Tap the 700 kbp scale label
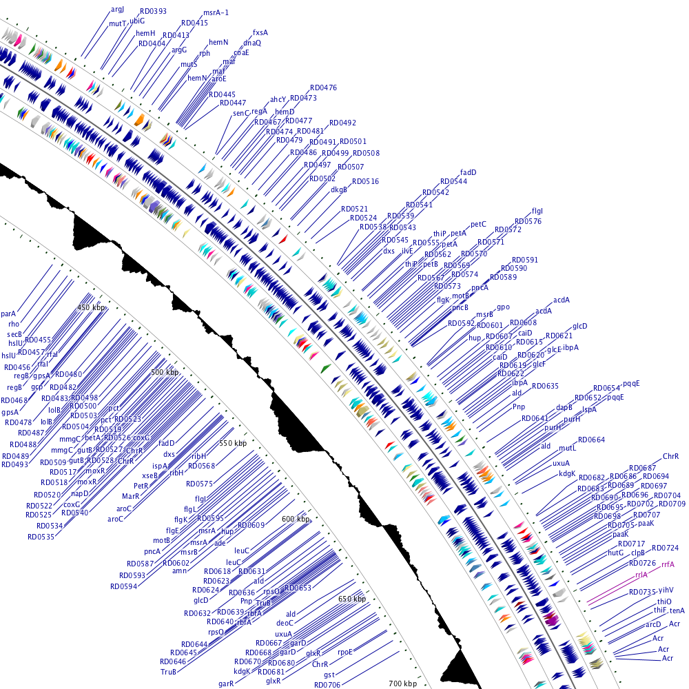(402, 683)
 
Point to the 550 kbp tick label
(232, 443)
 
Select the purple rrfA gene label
(667, 564)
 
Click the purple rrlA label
(641, 574)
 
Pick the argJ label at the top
(118, 9)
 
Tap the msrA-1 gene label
(216, 13)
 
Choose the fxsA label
(260, 32)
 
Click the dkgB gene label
(339, 189)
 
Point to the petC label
(478, 224)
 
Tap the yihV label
(666, 590)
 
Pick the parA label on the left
(8, 313)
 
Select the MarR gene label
(131, 496)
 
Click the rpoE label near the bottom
(345, 651)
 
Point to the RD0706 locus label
(327, 684)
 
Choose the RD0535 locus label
(41, 536)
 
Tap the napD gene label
(81, 493)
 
